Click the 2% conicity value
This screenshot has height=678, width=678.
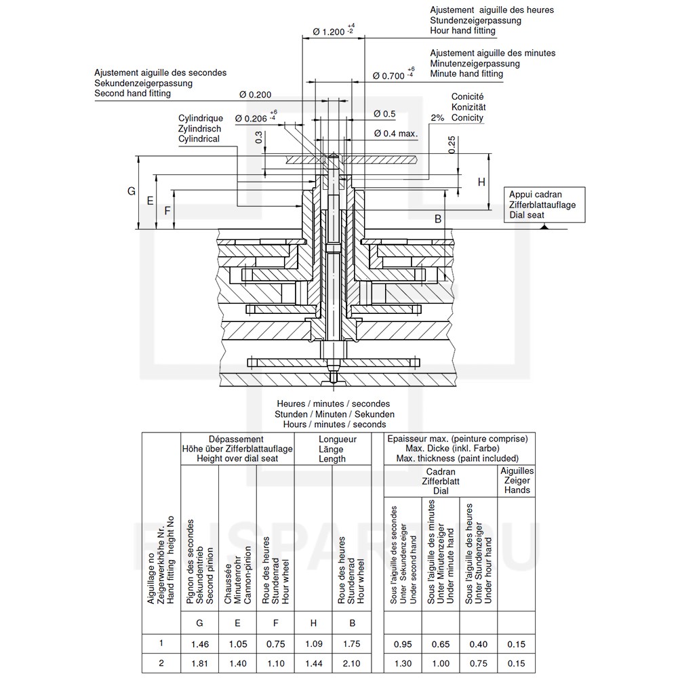pyautogui.click(x=437, y=117)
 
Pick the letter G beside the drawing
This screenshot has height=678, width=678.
pyautogui.click(x=132, y=192)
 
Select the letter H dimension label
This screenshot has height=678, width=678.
pyautogui.click(x=481, y=182)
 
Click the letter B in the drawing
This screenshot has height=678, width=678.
pyautogui.click(x=438, y=218)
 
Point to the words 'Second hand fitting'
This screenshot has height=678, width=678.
pyautogui.click(x=133, y=94)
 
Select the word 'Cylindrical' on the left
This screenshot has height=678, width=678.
pyautogui.click(x=199, y=138)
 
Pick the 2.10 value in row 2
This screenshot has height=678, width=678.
pyautogui.click(x=351, y=662)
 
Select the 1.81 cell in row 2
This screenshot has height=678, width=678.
pyautogui.click(x=199, y=662)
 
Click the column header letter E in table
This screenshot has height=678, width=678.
pyautogui.click(x=237, y=622)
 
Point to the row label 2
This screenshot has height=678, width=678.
pyautogui.click(x=161, y=662)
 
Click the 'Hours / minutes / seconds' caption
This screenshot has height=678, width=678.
pyautogui.click(x=334, y=424)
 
